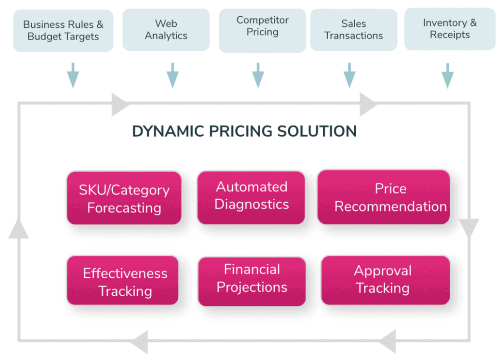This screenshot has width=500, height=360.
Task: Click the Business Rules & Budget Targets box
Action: coord(63,31)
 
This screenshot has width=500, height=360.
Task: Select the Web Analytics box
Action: coord(166,30)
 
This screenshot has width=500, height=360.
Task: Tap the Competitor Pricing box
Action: coord(262,31)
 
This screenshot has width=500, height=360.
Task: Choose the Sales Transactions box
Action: coord(354,30)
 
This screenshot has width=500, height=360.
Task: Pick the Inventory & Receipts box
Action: coord(450,29)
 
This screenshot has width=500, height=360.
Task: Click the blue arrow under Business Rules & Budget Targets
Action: coord(73,75)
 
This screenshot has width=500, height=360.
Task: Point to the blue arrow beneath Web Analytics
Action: coord(172,75)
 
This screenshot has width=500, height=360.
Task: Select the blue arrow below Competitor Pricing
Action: coord(258,75)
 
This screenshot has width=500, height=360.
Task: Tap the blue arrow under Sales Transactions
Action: coord(350,75)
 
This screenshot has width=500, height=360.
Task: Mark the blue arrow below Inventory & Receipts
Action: coord(447,76)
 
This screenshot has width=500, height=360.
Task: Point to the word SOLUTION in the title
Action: coord(316,131)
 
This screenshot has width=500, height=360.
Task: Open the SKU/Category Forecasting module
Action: coord(124,198)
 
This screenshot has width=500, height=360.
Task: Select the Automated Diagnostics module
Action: coord(251,197)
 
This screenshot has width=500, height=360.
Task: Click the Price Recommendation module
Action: coord(384,197)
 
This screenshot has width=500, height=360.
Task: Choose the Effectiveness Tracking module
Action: coord(123,280)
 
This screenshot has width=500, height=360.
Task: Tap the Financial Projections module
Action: coord(252,281)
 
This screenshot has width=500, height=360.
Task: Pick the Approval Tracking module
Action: coord(386,280)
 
